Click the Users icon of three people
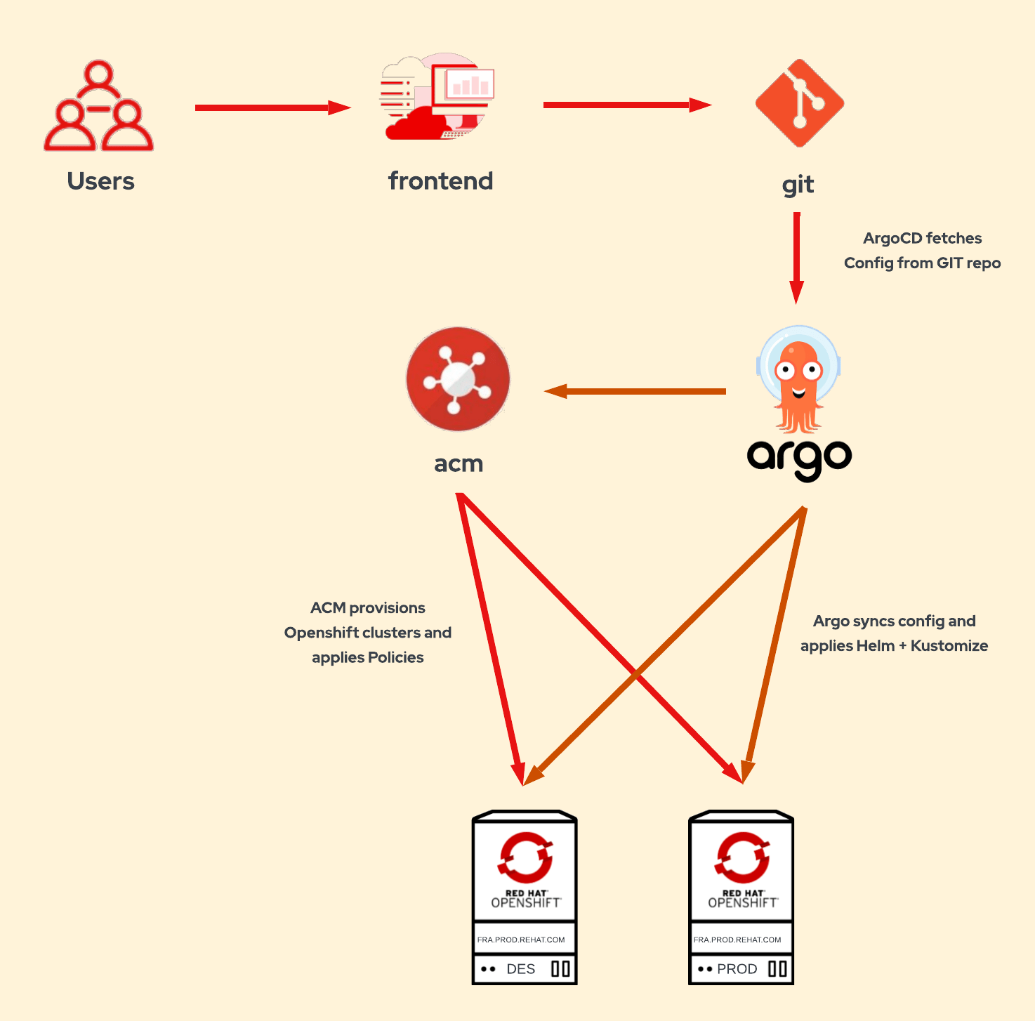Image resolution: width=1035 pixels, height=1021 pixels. coord(98,107)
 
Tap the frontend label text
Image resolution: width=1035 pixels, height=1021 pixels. coord(440,181)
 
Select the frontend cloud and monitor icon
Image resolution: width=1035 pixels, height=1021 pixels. coord(437,97)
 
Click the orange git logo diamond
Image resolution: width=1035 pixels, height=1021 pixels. coord(799,103)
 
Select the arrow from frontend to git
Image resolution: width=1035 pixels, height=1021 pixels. coord(625,105)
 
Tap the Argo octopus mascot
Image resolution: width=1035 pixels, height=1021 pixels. coord(798,379)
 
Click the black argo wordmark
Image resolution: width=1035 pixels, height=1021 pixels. coord(799,458)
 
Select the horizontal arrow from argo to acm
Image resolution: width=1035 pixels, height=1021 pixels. coord(635,391)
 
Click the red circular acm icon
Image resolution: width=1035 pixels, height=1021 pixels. coord(458,379)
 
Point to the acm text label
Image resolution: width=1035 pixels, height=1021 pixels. coord(459,464)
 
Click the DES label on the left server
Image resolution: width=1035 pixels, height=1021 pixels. coord(520,969)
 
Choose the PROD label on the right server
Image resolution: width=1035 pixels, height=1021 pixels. coord(737,969)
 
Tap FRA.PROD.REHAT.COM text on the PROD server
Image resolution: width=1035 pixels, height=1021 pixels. coord(737,940)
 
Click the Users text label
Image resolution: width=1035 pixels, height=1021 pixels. coord(100,181)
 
